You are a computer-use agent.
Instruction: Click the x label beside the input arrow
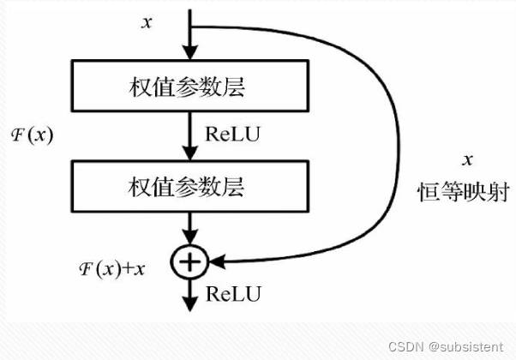click(147, 22)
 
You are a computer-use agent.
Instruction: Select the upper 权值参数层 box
click(190, 86)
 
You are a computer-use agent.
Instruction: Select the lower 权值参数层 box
click(190, 186)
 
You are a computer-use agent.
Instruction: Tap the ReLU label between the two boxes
click(232, 134)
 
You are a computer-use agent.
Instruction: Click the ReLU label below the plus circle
click(233, 293)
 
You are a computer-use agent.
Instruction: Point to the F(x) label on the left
click(32, 135)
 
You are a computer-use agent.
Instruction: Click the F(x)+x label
click(112, 269)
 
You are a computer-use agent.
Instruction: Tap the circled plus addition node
click(190, 262)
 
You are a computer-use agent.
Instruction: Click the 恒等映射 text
click(464, 192)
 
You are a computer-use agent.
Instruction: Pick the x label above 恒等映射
click(467, 160)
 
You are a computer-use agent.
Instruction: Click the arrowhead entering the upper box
click(190, 52)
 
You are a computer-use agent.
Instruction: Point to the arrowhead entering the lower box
click(190, 153)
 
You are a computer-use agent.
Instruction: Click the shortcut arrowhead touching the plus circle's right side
click(217, 262)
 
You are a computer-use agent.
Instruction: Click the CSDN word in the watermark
click(405, 346)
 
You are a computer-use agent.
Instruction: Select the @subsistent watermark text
click(466, 347)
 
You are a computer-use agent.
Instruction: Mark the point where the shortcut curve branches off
click(190, 27)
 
